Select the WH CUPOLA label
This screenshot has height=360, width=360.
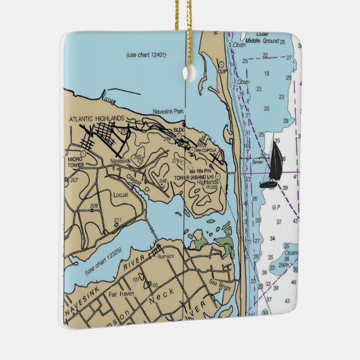pos(203,149)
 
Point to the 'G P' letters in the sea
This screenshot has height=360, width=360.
pos(276,206)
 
